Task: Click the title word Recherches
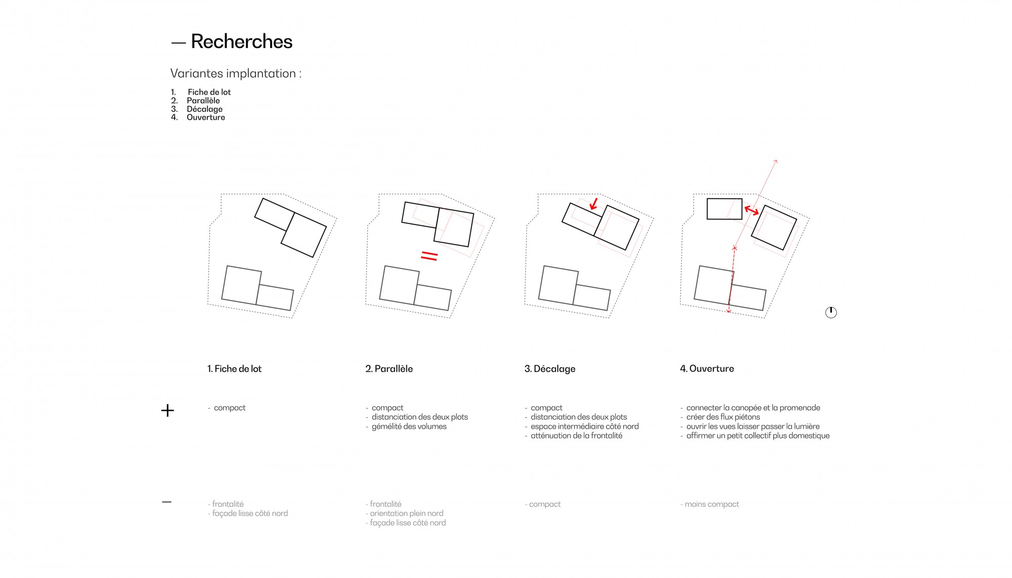click(x=241, y=41)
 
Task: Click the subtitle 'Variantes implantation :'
click(x=236, y=73)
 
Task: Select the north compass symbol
click(x=831, y=313)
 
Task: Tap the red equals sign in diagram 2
click(x=429, y=256)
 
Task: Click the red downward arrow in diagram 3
click(x=594, y=204)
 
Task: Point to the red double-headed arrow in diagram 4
click(x=751, y=210)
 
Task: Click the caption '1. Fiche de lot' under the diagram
click(x=234, y=369)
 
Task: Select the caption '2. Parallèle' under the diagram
click(x=389, y=369)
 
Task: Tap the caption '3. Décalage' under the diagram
click(x=550, y=369)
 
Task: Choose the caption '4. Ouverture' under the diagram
click(x=707, y=369)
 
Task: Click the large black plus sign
click(x=167, y=410)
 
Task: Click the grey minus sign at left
click(x=166, y=502)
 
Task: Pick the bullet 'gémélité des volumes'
click(x=409, y=426)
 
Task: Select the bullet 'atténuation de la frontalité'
click(x=576, y=435)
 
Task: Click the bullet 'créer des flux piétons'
click(x=723, y=417)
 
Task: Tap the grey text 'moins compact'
click(x=712, y=504)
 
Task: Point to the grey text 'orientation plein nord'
click(x=407, y=513)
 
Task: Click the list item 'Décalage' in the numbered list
click(x=204, y=109)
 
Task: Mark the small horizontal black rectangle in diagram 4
click(x=725, y=209)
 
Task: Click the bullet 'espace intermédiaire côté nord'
click(x=584, y=426)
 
